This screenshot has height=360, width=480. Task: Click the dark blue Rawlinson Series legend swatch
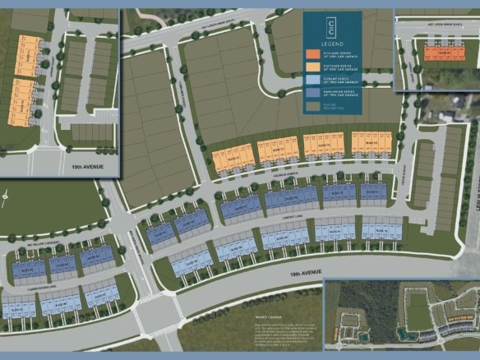313,94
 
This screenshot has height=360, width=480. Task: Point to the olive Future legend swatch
313,107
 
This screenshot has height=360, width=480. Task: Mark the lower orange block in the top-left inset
23,101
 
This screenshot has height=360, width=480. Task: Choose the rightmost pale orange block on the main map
371,142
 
